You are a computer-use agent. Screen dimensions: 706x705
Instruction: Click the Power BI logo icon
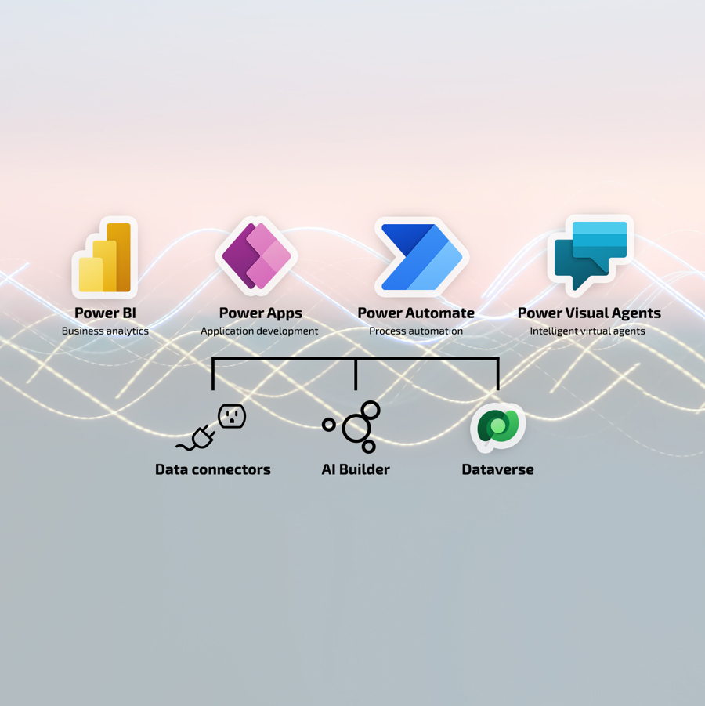[x=106, y=258]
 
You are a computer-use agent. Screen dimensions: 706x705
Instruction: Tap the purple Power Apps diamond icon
[x=257, y=256]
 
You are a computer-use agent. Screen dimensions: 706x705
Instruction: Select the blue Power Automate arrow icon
[x=421, y=257]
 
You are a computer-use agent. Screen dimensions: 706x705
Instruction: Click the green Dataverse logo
[x=497, y=427]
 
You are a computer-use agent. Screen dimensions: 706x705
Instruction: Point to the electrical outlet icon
[x=232, y=416]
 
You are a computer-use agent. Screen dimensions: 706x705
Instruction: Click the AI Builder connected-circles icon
[x=354, y=427]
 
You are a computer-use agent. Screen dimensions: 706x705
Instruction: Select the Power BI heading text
[x=105, y=313]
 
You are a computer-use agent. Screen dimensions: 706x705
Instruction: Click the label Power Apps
[x=260, y=313]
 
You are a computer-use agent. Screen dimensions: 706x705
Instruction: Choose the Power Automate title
[x=416, y=313]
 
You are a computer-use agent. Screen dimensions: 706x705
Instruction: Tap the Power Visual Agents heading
[x=589, y=313]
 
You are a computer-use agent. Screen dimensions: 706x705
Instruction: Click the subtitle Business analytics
[x=105, y=331]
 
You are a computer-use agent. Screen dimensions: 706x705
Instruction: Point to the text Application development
[x=259, y=331]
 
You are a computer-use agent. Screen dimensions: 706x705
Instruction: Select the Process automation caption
[x=416, y=331]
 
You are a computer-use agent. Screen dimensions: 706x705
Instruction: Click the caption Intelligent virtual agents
[x=587, y=331]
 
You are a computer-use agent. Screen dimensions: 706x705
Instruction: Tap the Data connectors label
[x=213, y=470]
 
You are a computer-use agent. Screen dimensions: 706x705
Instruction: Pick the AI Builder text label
[x=356, y=470]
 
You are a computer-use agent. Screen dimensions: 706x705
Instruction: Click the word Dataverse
[x=497, y=470]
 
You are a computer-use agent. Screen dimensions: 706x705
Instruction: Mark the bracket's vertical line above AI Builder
[x=356, y=375]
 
